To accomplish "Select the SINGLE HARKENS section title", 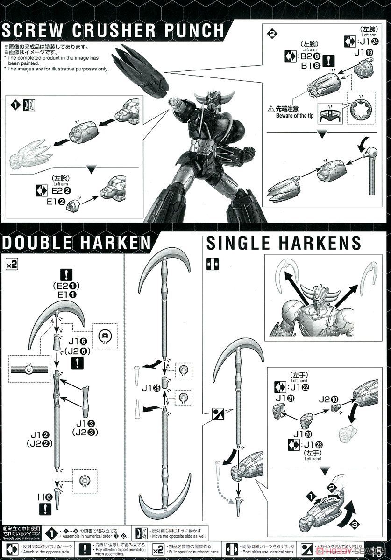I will point(284,243).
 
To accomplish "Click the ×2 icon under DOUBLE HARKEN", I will point(11,264).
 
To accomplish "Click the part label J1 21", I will point(281,398).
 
